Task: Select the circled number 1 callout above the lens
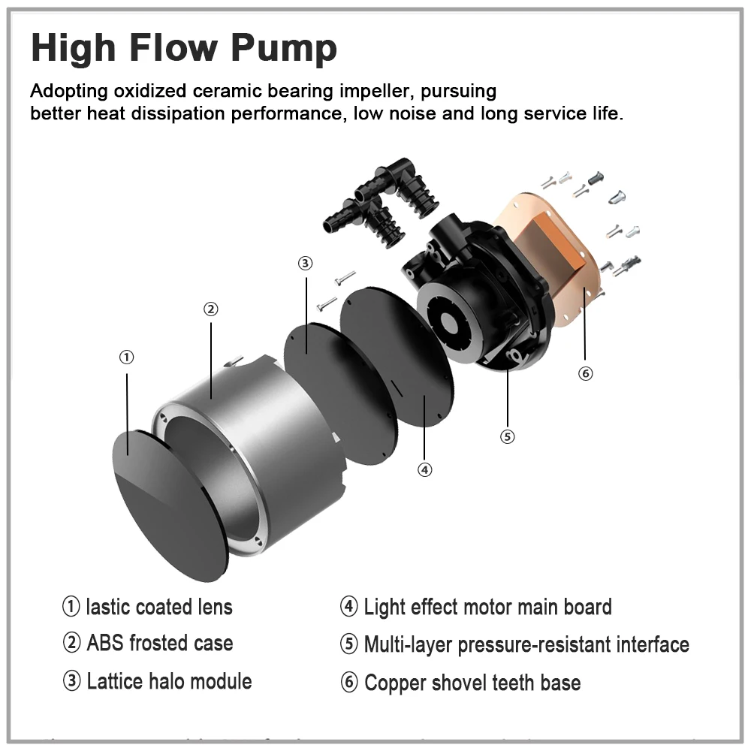[126, 357]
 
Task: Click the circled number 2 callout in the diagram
[211, 309]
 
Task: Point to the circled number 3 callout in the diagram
[305, 263]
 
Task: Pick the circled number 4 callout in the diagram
[425, 470]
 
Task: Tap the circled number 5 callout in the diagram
[507, 437]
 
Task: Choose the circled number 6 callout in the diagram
[585, 373]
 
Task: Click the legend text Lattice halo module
[169, 682]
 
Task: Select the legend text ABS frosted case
[160, 644]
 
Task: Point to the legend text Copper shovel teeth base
[472, 683]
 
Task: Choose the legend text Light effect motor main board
[487, 607]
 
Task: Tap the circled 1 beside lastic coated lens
[71, 606]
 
